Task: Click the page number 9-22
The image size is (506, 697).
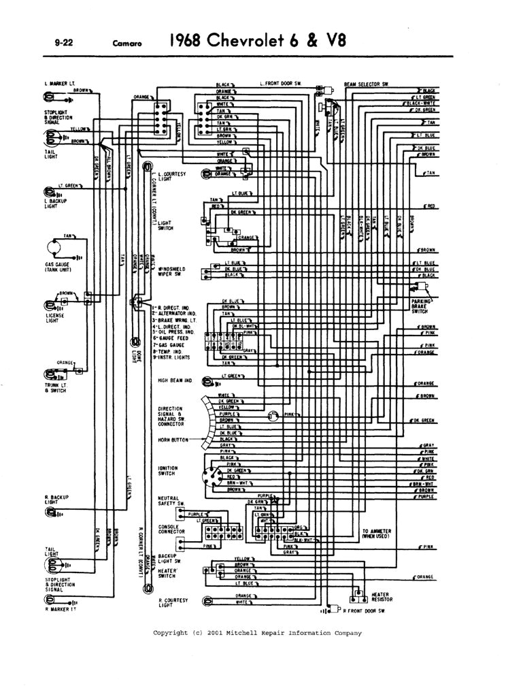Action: tap(54, 43)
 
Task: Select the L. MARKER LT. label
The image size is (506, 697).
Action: tap(58, 84)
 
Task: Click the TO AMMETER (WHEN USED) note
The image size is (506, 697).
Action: tap(379, 534)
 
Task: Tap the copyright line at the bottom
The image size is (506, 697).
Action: tap(257, 632)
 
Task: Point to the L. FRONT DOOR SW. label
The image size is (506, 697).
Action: tap(280, 84)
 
